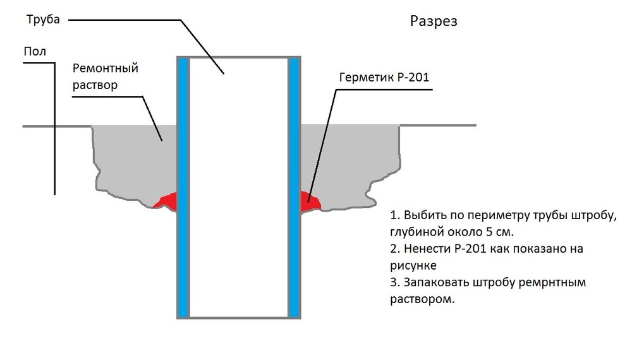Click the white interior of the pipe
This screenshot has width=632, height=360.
(x=239, y=189)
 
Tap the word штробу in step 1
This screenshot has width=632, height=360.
(x=592, y=215)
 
